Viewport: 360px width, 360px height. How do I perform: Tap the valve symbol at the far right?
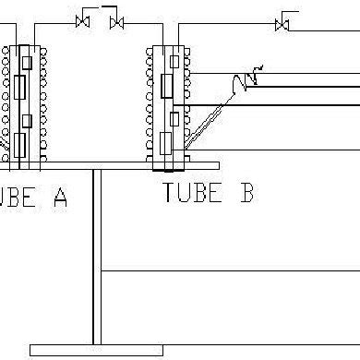pyautogui.click(x=281, y=22)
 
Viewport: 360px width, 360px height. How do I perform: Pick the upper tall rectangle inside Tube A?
pyautogui.click(x=21, y=89)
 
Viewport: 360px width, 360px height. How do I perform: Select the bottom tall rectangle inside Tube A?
pyautogui.click(x=21, y=142)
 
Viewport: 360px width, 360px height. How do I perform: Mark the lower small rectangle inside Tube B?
pyautogui.click(x=173, y=118)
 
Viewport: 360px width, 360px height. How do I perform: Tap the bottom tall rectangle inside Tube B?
pyautogui.click(x=165, y=143)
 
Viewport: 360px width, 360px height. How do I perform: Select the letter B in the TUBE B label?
pyautogui.click(x=246, y=193)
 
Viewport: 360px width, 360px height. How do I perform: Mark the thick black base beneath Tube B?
pyautogui.click(x=168, y=169)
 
